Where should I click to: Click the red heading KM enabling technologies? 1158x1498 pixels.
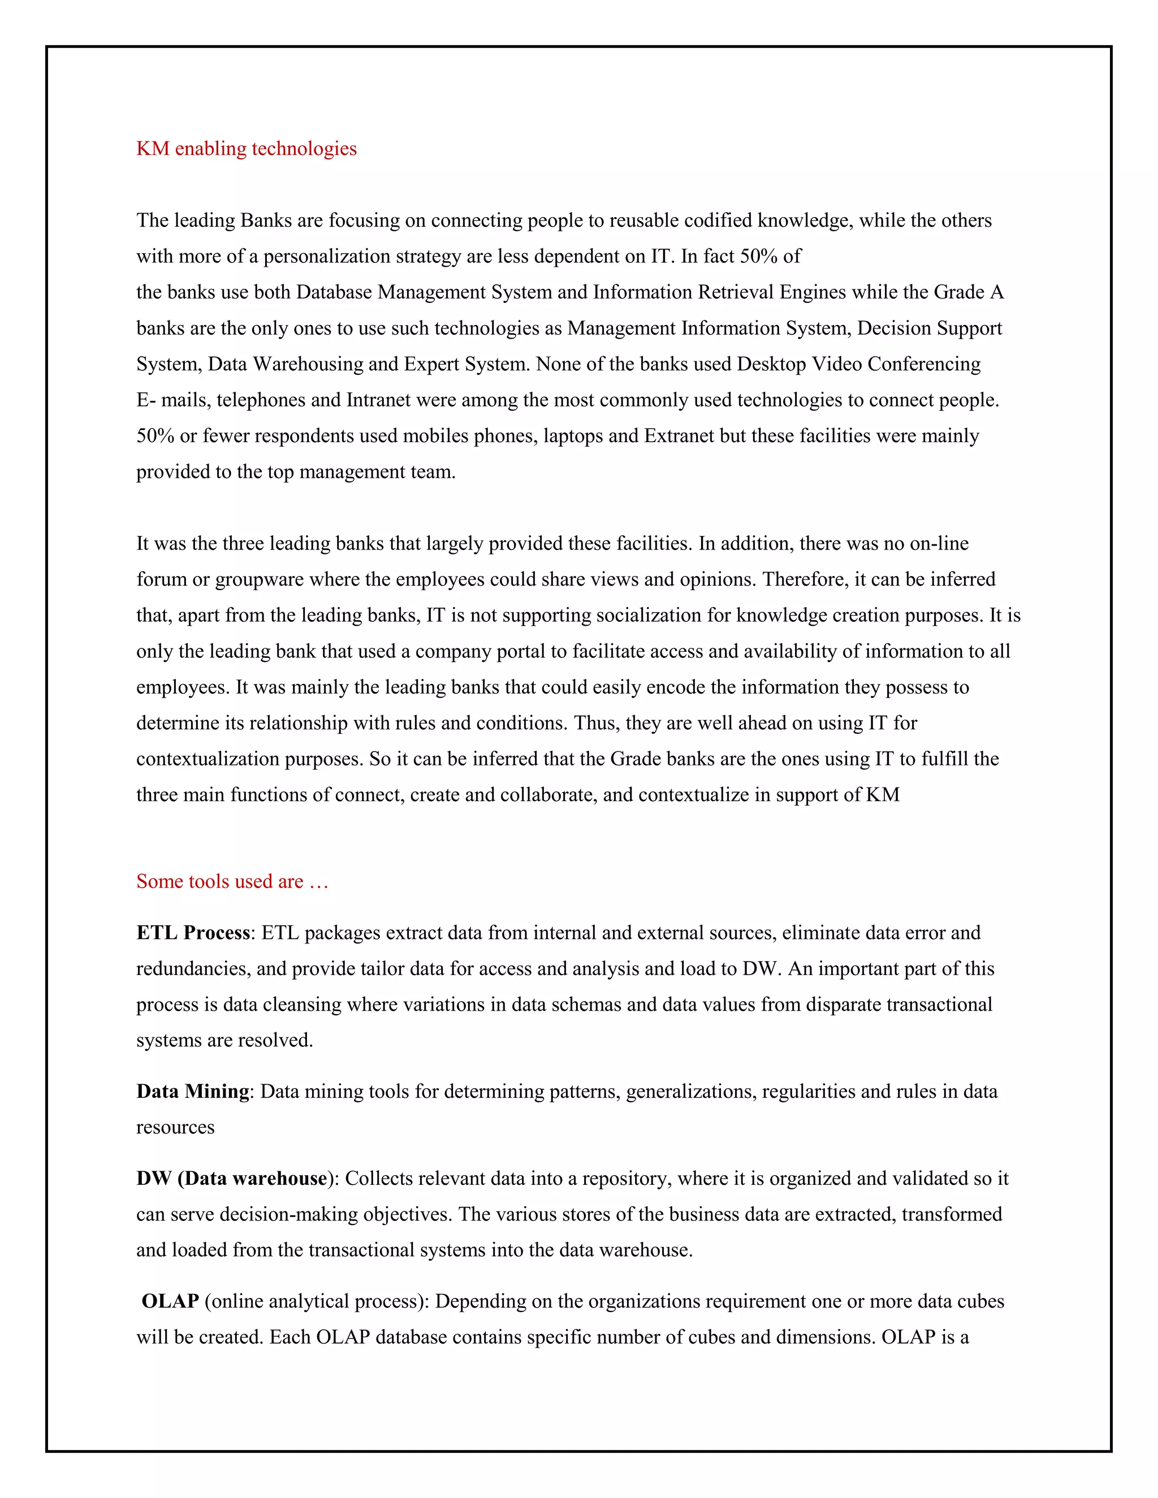pos(247,149)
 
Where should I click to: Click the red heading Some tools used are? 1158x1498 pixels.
pos(232,881)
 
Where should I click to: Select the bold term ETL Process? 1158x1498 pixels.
pos(193,933)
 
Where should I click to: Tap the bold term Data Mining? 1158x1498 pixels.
pos(192,1091)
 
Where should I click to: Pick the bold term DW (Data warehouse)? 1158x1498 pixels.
pos(232,1179)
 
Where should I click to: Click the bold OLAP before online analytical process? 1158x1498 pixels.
pos(170,1301)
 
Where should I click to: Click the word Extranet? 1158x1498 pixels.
pos(679,436)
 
